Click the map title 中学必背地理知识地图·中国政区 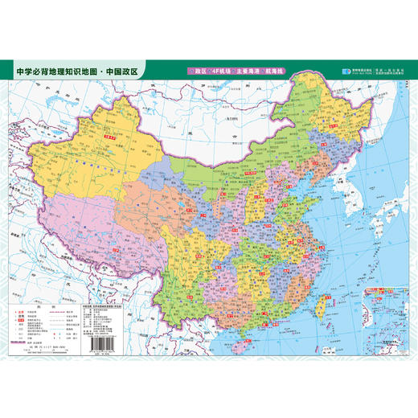(77, 71)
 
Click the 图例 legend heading (45, 305)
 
